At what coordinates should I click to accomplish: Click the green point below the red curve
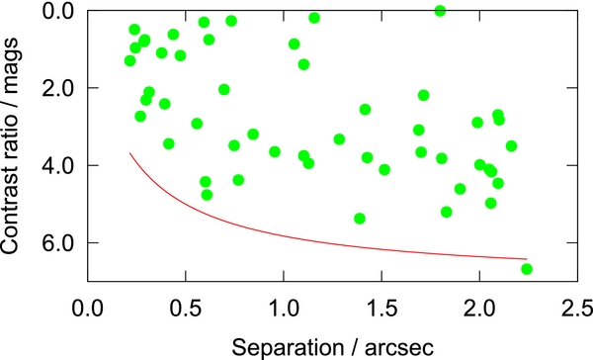[527, 269]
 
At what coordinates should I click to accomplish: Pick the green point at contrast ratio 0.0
[440, 11]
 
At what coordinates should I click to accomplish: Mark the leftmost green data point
[129, 60]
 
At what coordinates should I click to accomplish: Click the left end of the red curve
[130, 153]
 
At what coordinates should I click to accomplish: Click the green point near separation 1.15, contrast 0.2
[314, 18]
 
